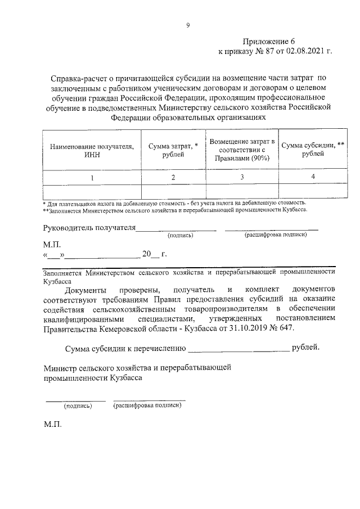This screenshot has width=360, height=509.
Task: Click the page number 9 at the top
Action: [x=188, y=24]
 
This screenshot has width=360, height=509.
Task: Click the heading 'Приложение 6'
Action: [x=269, y=42]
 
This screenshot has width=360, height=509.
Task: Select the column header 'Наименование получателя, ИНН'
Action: [x=92, y=151]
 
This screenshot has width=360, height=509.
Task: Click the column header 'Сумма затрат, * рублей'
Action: [x=173, y=151]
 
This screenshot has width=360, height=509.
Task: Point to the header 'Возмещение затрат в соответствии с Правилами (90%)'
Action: [x=242, y=150]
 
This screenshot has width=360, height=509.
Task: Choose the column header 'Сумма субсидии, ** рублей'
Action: [x=312, y=150]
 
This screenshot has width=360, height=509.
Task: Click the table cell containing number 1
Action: [x=92, y=178]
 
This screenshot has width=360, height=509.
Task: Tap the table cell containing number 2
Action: [x=173, y=178]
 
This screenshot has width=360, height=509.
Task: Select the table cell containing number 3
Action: [x=242, y=178]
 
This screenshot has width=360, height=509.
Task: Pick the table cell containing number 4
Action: [x=313, y=177]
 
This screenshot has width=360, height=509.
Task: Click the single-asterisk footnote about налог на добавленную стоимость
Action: [x=174, y=202]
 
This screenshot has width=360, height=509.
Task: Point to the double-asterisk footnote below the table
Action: [x=175, y=210]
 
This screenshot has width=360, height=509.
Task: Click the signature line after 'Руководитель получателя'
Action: [x=177, y=228]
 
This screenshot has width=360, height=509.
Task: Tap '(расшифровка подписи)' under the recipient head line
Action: [x=275, y=235]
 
